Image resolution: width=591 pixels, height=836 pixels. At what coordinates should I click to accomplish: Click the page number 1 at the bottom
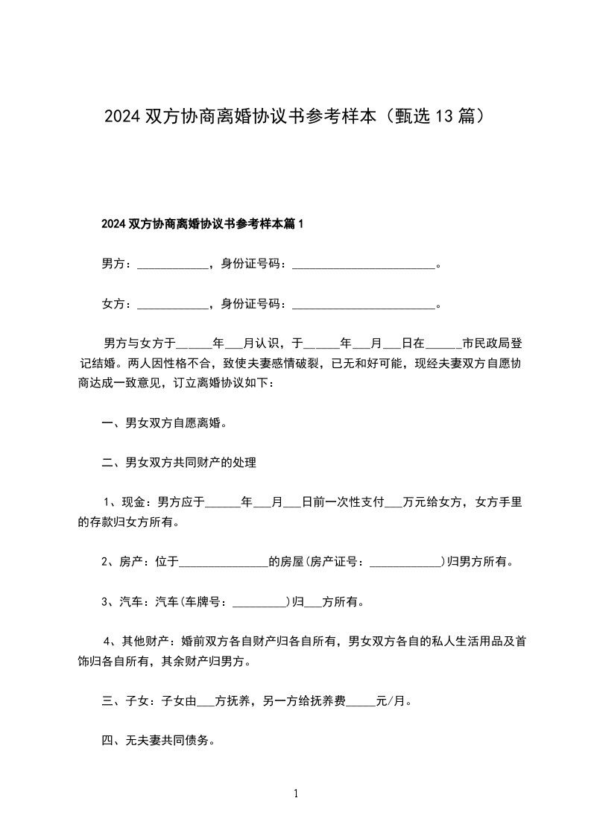(296, 794)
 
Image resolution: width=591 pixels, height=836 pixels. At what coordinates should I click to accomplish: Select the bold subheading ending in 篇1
(203, 224)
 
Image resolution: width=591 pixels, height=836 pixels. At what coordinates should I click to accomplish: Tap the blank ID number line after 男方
(363, 265)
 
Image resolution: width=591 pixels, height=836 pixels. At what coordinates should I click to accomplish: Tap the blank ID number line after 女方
(363, 305)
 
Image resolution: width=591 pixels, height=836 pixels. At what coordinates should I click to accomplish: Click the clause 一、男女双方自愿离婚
(164, 423)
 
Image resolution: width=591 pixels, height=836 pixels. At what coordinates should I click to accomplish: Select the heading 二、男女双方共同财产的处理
(179, 463)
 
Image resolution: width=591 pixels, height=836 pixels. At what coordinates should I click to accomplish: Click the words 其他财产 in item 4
(148, 642)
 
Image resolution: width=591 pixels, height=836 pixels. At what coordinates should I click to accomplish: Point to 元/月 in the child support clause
(394, 701)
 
